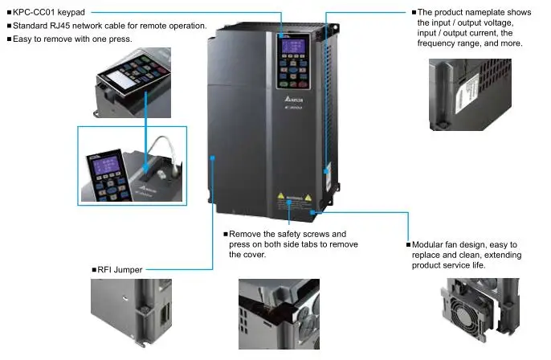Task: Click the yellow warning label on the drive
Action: [x=292, y=198]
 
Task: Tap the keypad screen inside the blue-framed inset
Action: [x=106, y=166]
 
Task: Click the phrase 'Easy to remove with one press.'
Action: [x=71, y=39]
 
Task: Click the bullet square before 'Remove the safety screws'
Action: [x=226, y=234]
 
